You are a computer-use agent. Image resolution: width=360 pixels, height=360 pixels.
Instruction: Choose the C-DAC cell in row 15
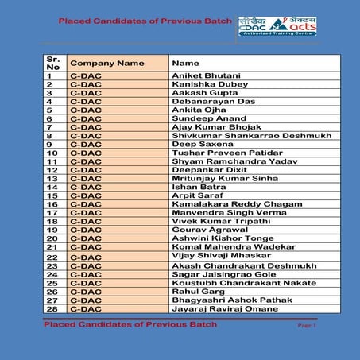click(x=87, y=195)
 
